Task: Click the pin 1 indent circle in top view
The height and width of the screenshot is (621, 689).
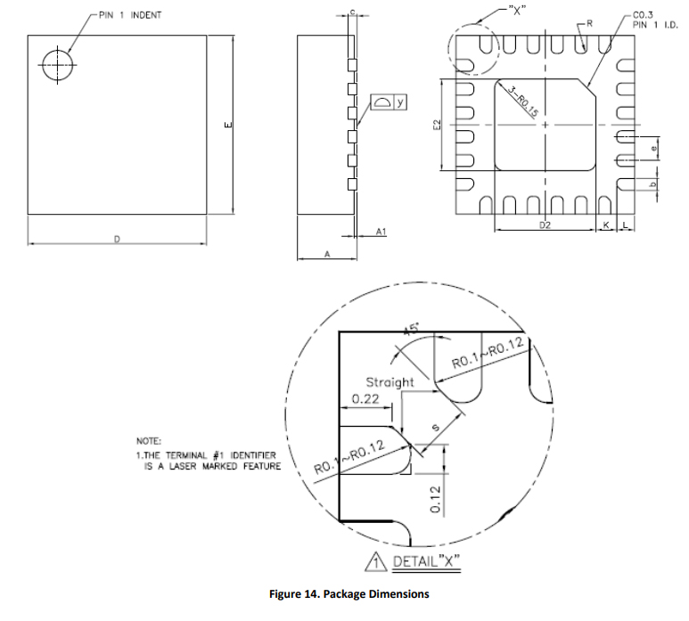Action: click(x=58, y=65)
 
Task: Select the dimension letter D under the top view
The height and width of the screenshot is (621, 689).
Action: click(x=117, y=238)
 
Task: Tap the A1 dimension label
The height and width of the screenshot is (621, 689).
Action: click(x=381, y=231)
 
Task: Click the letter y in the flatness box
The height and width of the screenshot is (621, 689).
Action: click(x=400, y=102)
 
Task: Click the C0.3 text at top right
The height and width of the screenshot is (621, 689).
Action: click(x=643, y=14)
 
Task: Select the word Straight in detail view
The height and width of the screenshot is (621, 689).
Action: click(x=390, y=382)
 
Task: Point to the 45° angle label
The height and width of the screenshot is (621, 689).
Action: click(x=413, y=331)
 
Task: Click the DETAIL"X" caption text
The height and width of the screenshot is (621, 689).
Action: click(x=424, y=563)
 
